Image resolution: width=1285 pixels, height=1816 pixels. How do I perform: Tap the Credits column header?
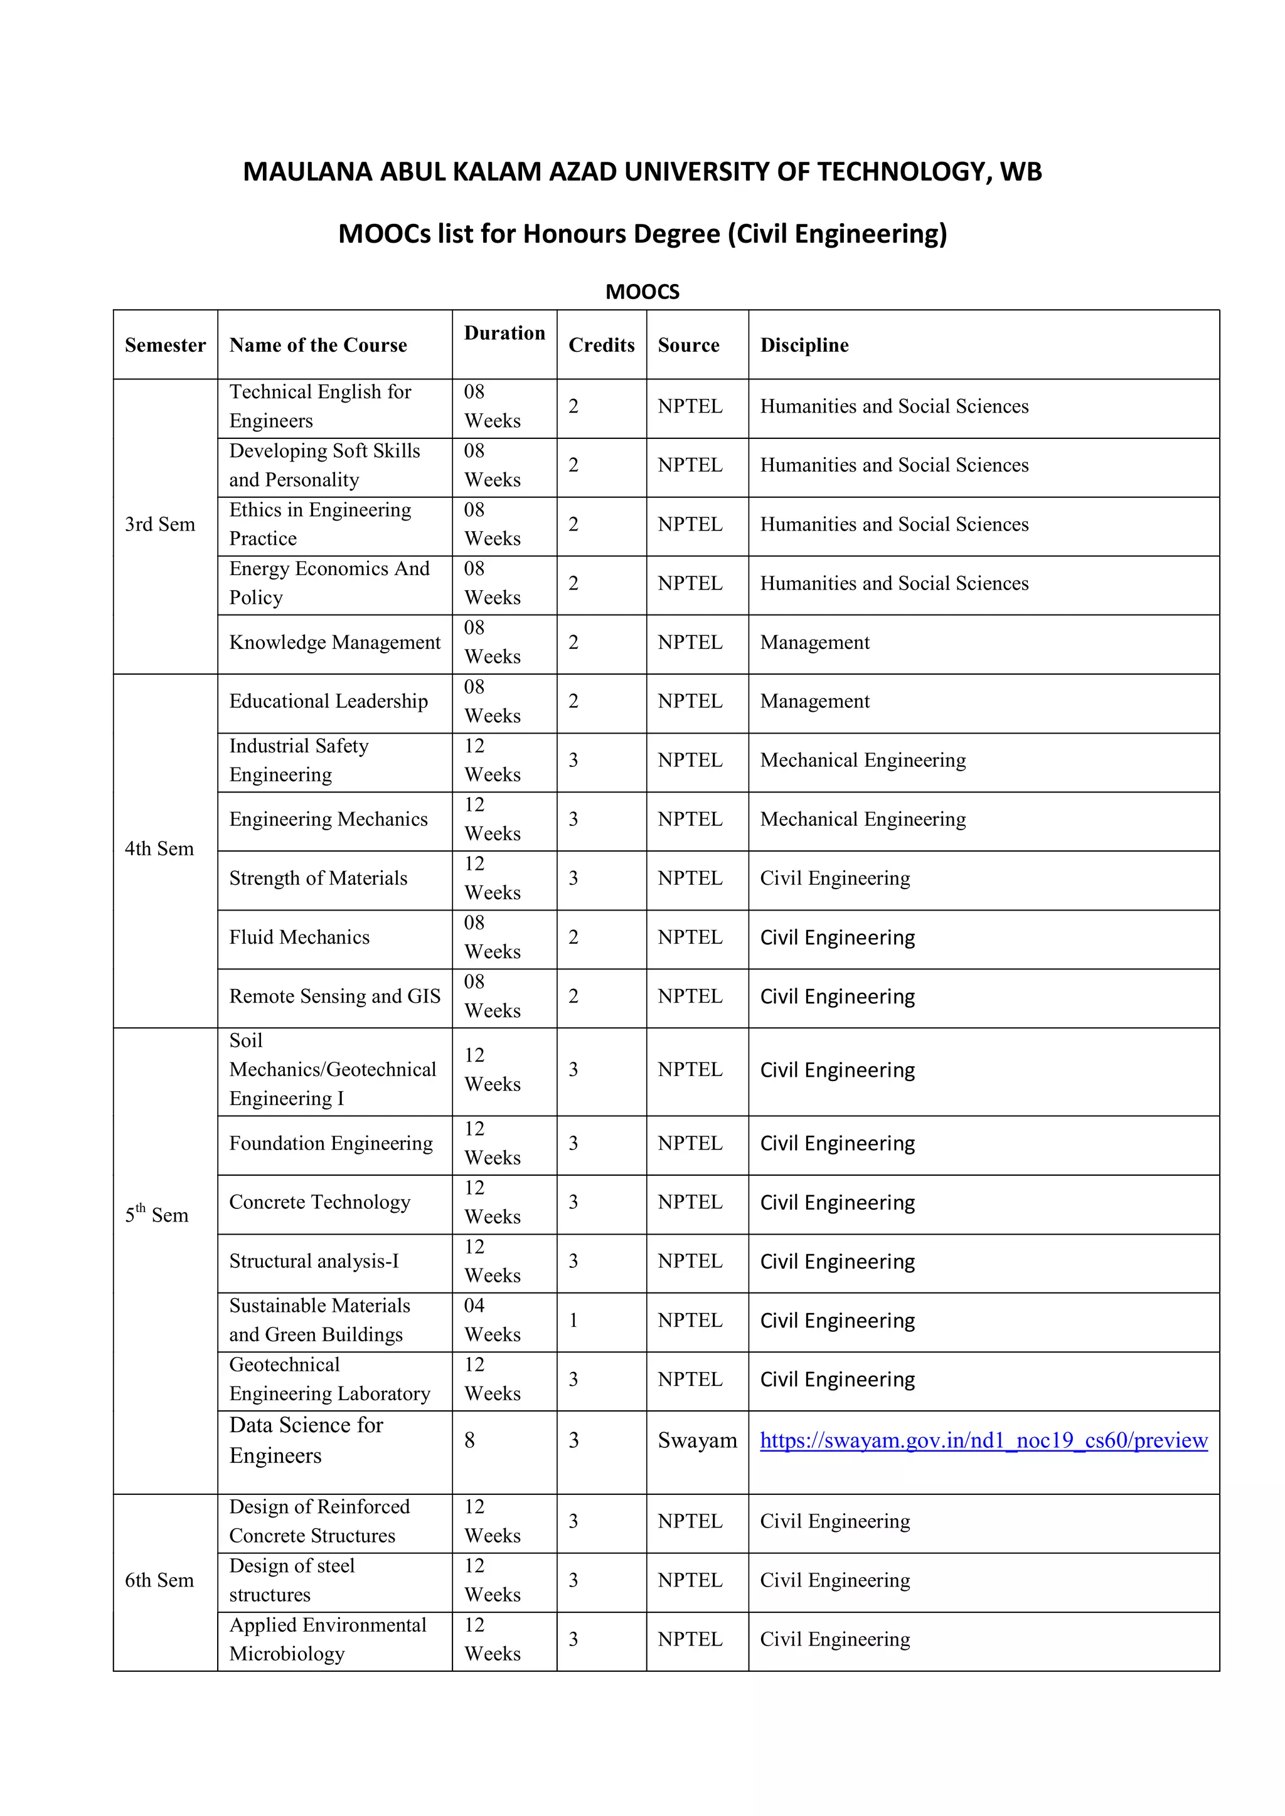(x=601, y=345)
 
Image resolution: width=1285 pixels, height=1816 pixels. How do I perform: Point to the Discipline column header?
(x=804, y=345)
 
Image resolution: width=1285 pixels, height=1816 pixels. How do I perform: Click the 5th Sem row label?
(x=157, y=1214)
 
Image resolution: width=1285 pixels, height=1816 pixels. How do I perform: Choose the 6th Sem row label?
(x=159, y=1580)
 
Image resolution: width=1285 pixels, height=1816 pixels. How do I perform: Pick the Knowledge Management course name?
(x=334, y=642)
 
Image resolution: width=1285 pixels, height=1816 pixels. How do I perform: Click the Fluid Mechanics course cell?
(x=299, y=937)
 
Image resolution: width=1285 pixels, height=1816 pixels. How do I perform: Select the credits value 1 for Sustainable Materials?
(x=573, y=1320)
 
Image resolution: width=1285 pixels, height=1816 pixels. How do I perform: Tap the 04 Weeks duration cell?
(x=491, y=1320)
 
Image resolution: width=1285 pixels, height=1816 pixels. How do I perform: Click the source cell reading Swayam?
(x=696, y=1440)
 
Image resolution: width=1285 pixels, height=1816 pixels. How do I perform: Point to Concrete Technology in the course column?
(x=319, y=1202)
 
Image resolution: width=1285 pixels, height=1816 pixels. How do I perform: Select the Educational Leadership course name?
(x=328, y=701)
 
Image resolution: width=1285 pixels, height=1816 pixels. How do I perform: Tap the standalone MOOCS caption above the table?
(x=642, y=292)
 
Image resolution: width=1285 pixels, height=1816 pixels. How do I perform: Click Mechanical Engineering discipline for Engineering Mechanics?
(x=863, y=820)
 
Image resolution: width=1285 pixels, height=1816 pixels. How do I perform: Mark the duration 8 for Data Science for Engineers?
(x=469, y=1440)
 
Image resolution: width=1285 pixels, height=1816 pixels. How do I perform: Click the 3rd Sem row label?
(x=160, y=524)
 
